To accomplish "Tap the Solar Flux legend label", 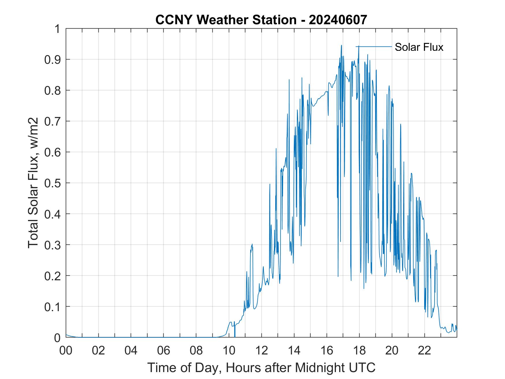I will (x=419, y=47).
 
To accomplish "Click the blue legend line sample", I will (x=374, y=46).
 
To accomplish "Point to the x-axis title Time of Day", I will (x=261, y=367).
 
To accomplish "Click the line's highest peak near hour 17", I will (x=341, y=45).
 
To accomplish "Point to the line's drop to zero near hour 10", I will (x=235, y=336).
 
